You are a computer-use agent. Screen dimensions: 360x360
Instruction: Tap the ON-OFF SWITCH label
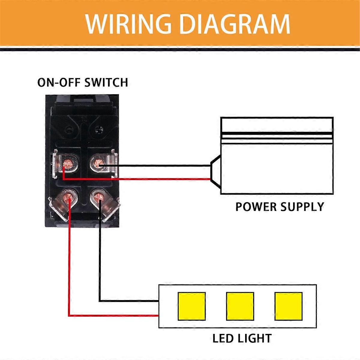[x=82, y=82]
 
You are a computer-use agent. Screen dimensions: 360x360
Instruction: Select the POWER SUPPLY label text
[x=280, y=207]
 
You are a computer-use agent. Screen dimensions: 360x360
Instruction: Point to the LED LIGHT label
[x=242, y=338]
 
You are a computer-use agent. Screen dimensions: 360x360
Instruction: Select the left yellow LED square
[x=191, y=306]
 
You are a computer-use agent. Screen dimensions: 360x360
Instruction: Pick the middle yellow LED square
[x=240, y=306]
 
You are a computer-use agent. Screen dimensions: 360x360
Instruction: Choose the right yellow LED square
[x=288, y=306]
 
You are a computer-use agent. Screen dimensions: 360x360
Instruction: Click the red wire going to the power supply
[x=150, y=179]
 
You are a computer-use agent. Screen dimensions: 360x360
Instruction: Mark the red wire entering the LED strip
[x=120, y=315]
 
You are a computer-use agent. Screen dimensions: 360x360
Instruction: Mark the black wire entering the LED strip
[x=129, y=301]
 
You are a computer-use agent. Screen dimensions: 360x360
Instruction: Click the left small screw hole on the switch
[x=70, y=130]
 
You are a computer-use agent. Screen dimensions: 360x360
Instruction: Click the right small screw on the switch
[x=98, y=130]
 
